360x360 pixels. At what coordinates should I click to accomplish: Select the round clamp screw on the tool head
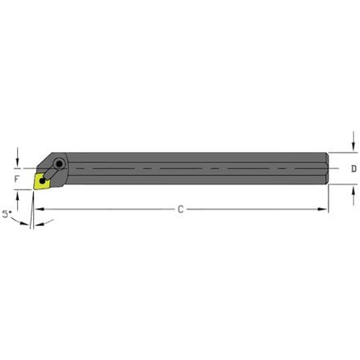58,164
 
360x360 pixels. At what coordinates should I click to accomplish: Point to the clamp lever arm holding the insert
51,173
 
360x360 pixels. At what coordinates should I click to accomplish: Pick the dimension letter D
353,169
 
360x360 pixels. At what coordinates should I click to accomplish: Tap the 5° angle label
8,215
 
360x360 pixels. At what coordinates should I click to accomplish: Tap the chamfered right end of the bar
328,169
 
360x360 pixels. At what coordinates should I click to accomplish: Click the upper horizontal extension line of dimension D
344,153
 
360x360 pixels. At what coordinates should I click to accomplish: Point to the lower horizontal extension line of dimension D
344,186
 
